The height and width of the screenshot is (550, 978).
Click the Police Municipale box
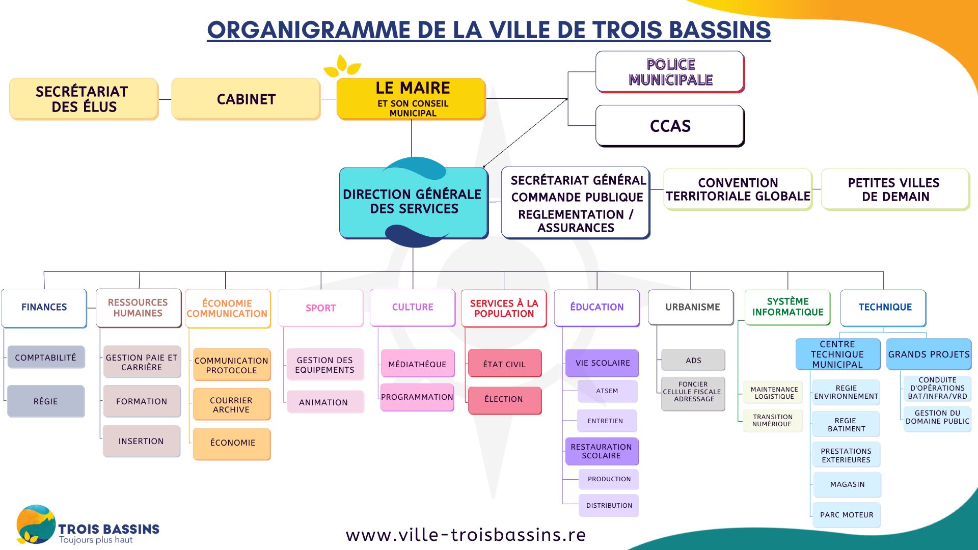670,72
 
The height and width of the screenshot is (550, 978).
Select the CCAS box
670,126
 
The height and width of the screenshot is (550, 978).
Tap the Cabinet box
246,99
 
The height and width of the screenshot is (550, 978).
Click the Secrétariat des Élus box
84,99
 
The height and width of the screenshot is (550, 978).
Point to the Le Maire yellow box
411,99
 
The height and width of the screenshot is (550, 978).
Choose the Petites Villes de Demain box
895,189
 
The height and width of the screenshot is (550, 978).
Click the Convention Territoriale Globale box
738,189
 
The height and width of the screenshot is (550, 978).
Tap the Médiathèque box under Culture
418,364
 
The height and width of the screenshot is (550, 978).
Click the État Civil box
505,364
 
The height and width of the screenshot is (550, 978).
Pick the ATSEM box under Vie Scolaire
607,391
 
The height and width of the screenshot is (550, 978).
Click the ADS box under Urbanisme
693,360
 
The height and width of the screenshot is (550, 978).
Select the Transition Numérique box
773,421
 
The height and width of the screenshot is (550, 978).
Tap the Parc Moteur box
847,515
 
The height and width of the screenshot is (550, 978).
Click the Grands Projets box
929,354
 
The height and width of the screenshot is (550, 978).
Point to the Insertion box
142,441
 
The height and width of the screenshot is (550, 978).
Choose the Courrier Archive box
232,404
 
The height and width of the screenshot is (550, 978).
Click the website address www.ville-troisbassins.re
466,534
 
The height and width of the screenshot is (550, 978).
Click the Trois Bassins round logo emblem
35,524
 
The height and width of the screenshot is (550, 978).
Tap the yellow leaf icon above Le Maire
342,66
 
